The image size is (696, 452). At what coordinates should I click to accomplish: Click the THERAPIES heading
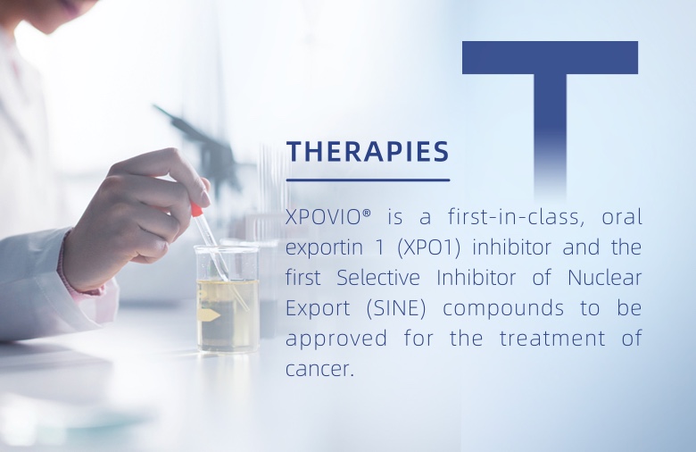(x=368, y=151)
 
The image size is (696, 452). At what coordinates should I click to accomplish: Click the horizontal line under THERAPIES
(x=368, y=180)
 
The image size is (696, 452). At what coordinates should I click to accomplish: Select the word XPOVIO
(x=323, y=217)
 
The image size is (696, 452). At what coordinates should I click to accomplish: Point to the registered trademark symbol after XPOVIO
(x=366, y=213)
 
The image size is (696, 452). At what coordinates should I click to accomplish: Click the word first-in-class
(x=514, y=217)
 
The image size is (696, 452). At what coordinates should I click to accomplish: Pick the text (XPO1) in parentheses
(x=429, y=247)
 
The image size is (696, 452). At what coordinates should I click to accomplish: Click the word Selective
(x=378, y=278)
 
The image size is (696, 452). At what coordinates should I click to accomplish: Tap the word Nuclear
(x=605, y=278)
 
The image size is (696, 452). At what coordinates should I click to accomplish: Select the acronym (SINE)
(x=396, y=308)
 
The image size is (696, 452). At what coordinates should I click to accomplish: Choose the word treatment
(x=552, y=339)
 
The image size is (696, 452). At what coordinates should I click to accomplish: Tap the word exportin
(x=324, y=248)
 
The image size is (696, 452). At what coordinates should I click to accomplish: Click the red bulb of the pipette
(x=196, y=209)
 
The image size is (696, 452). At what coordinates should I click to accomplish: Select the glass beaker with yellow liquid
(x=228, y=299)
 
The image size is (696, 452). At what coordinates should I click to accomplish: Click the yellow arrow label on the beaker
(x=210, y=315)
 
